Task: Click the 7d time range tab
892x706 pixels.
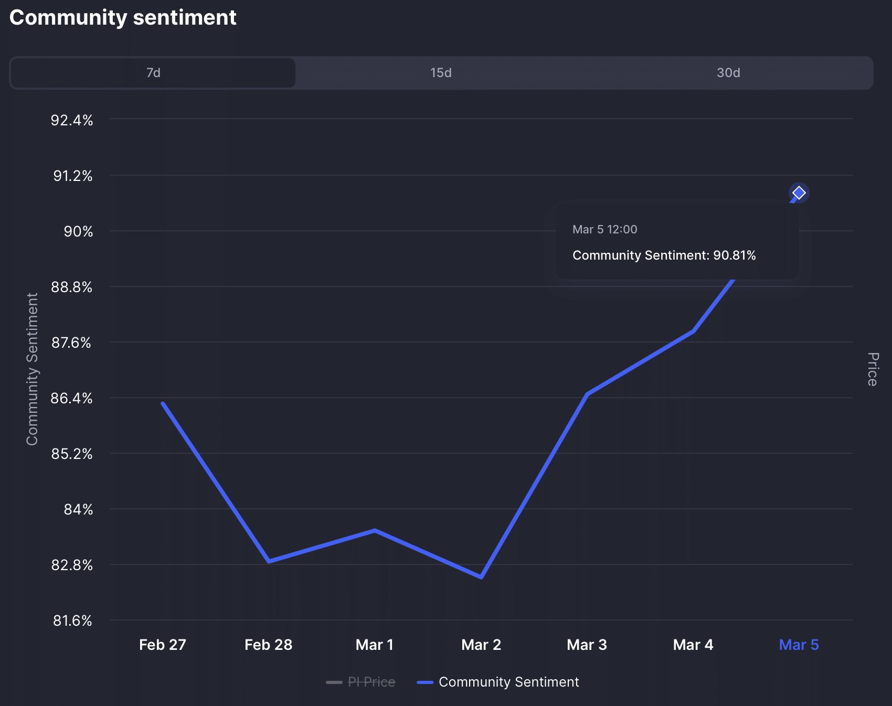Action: tap(153, 73)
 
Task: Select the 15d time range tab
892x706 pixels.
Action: tap(441, 73)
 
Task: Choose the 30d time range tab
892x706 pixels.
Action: tap(728, 73)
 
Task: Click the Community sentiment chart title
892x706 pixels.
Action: tap(123, 18)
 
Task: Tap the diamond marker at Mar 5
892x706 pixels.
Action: tap(799, 193)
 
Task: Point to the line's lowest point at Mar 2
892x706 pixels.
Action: tap(481, 577)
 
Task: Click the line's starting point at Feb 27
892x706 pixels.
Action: tap(163, 403)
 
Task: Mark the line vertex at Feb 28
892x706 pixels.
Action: tap(269, 561)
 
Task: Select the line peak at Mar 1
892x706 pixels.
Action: tap(375, 530)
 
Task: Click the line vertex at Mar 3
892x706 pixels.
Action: tap(587, 394)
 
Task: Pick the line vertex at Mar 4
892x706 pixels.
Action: tap(694, 331)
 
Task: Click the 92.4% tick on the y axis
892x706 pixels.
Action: tap(72, 120)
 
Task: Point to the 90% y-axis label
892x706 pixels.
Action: tap(78, 231)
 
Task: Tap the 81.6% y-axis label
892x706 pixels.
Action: tap(72, 621)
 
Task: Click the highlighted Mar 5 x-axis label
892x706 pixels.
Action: tap(799, 645)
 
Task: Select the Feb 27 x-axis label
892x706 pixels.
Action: tap(163, 645)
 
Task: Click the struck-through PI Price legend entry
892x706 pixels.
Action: tap(371, 682)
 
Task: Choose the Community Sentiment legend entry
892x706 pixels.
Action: tap(508, 682)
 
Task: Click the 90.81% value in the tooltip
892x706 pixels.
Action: tap(734, 255)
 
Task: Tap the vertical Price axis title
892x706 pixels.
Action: tap(872, 369)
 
